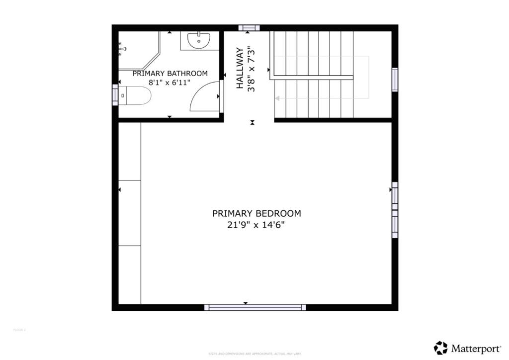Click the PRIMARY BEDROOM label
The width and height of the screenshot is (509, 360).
256,213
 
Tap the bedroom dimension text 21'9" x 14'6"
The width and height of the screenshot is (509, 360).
256,225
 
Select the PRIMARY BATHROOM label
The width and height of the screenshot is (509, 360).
170,74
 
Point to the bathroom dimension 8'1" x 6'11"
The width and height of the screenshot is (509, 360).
170,83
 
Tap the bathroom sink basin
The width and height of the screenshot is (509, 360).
199,40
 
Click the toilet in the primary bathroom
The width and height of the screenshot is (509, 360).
135,95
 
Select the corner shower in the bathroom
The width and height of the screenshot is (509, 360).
137,50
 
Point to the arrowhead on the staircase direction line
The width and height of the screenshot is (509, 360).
277,98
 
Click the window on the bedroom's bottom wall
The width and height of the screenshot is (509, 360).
255,307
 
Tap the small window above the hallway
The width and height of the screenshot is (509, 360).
249,28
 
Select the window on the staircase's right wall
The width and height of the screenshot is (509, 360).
395,80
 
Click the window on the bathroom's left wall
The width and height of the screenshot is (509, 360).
115,94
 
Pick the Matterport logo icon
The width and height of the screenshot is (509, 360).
440,348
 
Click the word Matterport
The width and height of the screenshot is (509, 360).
475,348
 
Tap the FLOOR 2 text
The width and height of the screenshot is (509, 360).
19,330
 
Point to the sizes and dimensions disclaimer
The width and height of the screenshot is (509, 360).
255,354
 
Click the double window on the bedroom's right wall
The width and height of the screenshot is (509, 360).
395,209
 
